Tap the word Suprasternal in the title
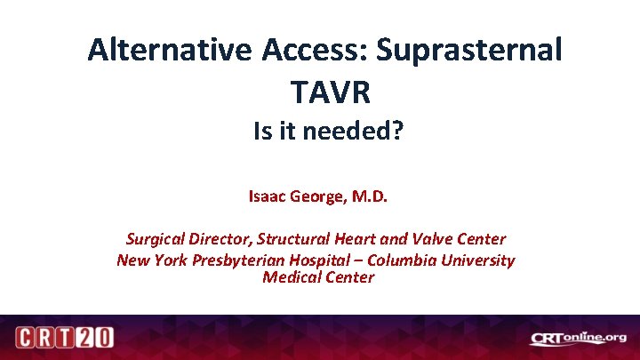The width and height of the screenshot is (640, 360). (468, 50)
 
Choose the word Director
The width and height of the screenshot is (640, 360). (219, 239)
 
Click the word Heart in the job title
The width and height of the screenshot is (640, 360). (356, 239)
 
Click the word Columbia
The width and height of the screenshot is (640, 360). (403, 260)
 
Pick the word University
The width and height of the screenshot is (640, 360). (477, 260)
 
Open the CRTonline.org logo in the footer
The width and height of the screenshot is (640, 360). (577, 339)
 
